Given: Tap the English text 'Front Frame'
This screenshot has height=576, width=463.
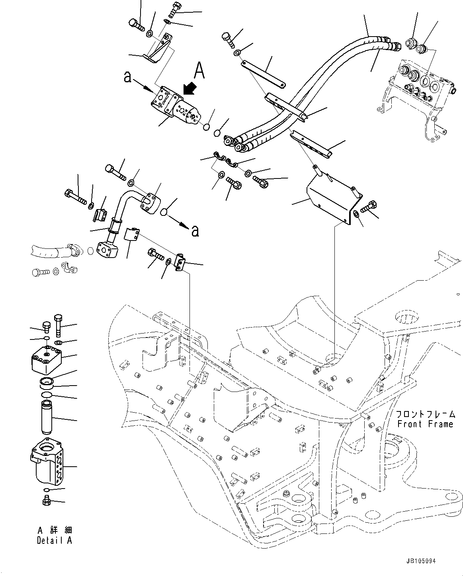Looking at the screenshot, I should (x=425, y=424).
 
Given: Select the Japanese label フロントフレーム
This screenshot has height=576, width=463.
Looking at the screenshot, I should (x=425, y=414).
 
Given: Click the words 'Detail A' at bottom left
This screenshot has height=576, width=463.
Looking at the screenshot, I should (x=55, y=540).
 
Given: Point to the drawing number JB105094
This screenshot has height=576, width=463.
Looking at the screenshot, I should (x=421, y=561).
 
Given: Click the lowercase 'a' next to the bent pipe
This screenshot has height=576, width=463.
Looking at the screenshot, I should (x=195, y=230).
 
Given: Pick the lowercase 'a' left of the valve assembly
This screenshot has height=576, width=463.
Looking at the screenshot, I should (x=127, y=77).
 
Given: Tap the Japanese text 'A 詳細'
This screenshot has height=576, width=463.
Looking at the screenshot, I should (x=55, y=531).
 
